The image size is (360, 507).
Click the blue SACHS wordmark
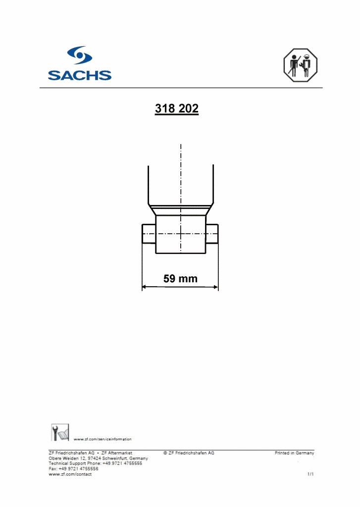coord(79,75)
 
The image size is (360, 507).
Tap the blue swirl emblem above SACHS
coord(79,55)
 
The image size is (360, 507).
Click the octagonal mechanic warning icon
coord(300,65)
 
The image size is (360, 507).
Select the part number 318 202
coord(177,109)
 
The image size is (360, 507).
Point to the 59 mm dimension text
coord(180,279)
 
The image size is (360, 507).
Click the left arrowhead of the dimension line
coord(145,286)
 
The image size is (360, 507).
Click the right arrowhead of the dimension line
coord(215,286)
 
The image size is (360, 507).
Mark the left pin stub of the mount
coord(149,233)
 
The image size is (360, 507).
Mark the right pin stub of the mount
coord(212,233)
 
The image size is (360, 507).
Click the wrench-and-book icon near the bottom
coord(60,432)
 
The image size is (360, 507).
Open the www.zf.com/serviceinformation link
coord(103,439)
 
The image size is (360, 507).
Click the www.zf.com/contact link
coord(70,474)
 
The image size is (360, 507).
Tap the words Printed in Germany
coord(294,453)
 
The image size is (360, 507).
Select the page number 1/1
coord(310,474)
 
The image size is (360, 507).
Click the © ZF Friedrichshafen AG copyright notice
coord(189,453)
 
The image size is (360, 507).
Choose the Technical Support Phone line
coord(95,463)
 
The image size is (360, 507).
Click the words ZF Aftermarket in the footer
coord(117,453)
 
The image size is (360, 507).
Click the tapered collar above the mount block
coord(181,210)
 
